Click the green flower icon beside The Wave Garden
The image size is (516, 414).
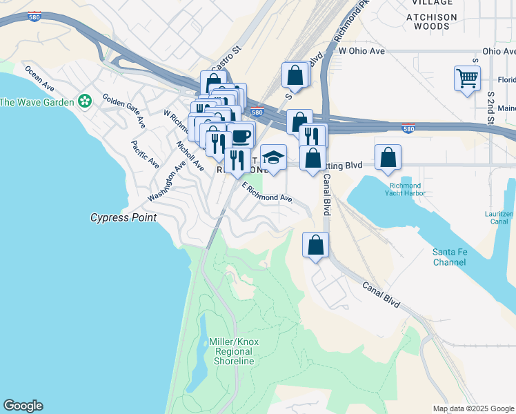[x=85, y=101]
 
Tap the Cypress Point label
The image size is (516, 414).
[x=123, y=217]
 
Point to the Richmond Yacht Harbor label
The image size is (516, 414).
[x=405, y=190]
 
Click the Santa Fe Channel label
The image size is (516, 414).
[x=449, y=257]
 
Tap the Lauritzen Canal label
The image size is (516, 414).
[x=499, y=218]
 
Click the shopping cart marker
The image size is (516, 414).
[x=467, y=77]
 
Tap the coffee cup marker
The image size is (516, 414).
[x=240, y=135]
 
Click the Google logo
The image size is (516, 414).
[x=23, y=405]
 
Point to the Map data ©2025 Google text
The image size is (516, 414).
[x=473, y=408]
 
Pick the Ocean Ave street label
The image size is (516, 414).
[x=39, y=78]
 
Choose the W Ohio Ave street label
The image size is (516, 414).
[x=361, y=51]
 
